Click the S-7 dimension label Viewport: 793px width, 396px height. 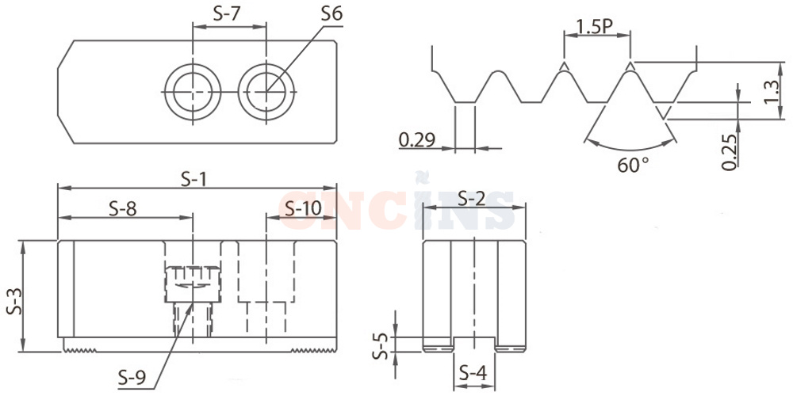tap(226, 13)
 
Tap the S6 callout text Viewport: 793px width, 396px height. tap(331, 13)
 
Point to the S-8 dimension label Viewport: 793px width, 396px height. tap(123, 208)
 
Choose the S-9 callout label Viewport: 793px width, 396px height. tap(132, 378)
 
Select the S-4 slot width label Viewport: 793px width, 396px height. tap(473, 374)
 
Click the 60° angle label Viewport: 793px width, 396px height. tap(633, 166)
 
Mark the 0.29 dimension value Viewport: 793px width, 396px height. tap(417, 139)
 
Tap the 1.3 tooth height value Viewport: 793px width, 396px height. tap(772, 93)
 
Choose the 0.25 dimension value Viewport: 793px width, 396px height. tap(730, 151)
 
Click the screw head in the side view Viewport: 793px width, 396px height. tap(192, 284)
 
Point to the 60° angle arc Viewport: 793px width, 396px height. tap(630, 149)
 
